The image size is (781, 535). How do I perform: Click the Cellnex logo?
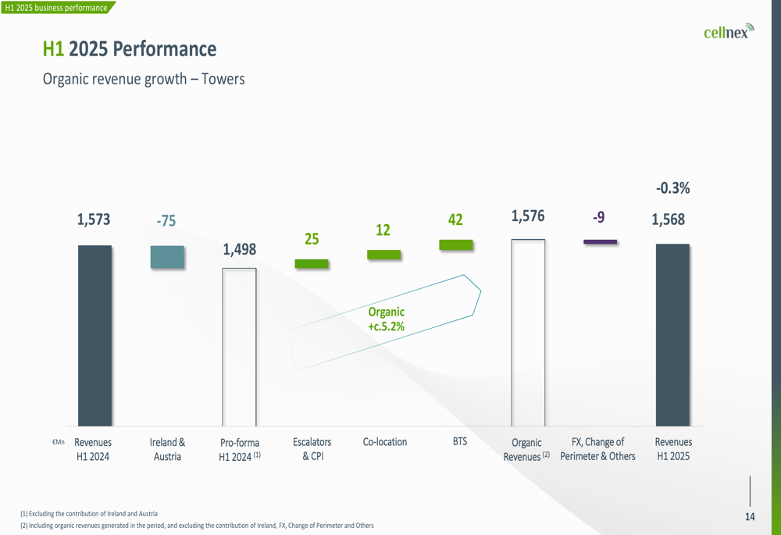[729, 31]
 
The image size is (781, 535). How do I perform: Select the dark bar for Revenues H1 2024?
[95, 336]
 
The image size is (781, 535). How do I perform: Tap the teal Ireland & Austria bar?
[167, 257]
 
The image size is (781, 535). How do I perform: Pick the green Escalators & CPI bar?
[312, 263]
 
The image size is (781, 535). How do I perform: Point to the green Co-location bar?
[383, 255]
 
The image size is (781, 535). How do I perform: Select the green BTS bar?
[456, 245]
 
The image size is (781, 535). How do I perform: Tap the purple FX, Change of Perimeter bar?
[600, 242]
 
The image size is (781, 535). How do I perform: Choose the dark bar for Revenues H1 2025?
[672, 335]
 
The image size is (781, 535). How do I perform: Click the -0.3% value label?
[673, 187]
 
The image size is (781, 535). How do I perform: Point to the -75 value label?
[166, 221]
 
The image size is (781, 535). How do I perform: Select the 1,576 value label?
[528, 216]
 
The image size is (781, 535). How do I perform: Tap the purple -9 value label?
[599, 217]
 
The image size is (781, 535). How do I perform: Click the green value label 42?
[455, 219]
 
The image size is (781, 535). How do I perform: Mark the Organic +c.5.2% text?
[387, 319]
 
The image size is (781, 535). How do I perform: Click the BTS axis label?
[460, 441]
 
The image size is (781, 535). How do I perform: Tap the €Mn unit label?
[59, 442]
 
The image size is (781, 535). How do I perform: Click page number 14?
[750, 516]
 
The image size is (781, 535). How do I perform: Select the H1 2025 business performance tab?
[56, 8]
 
